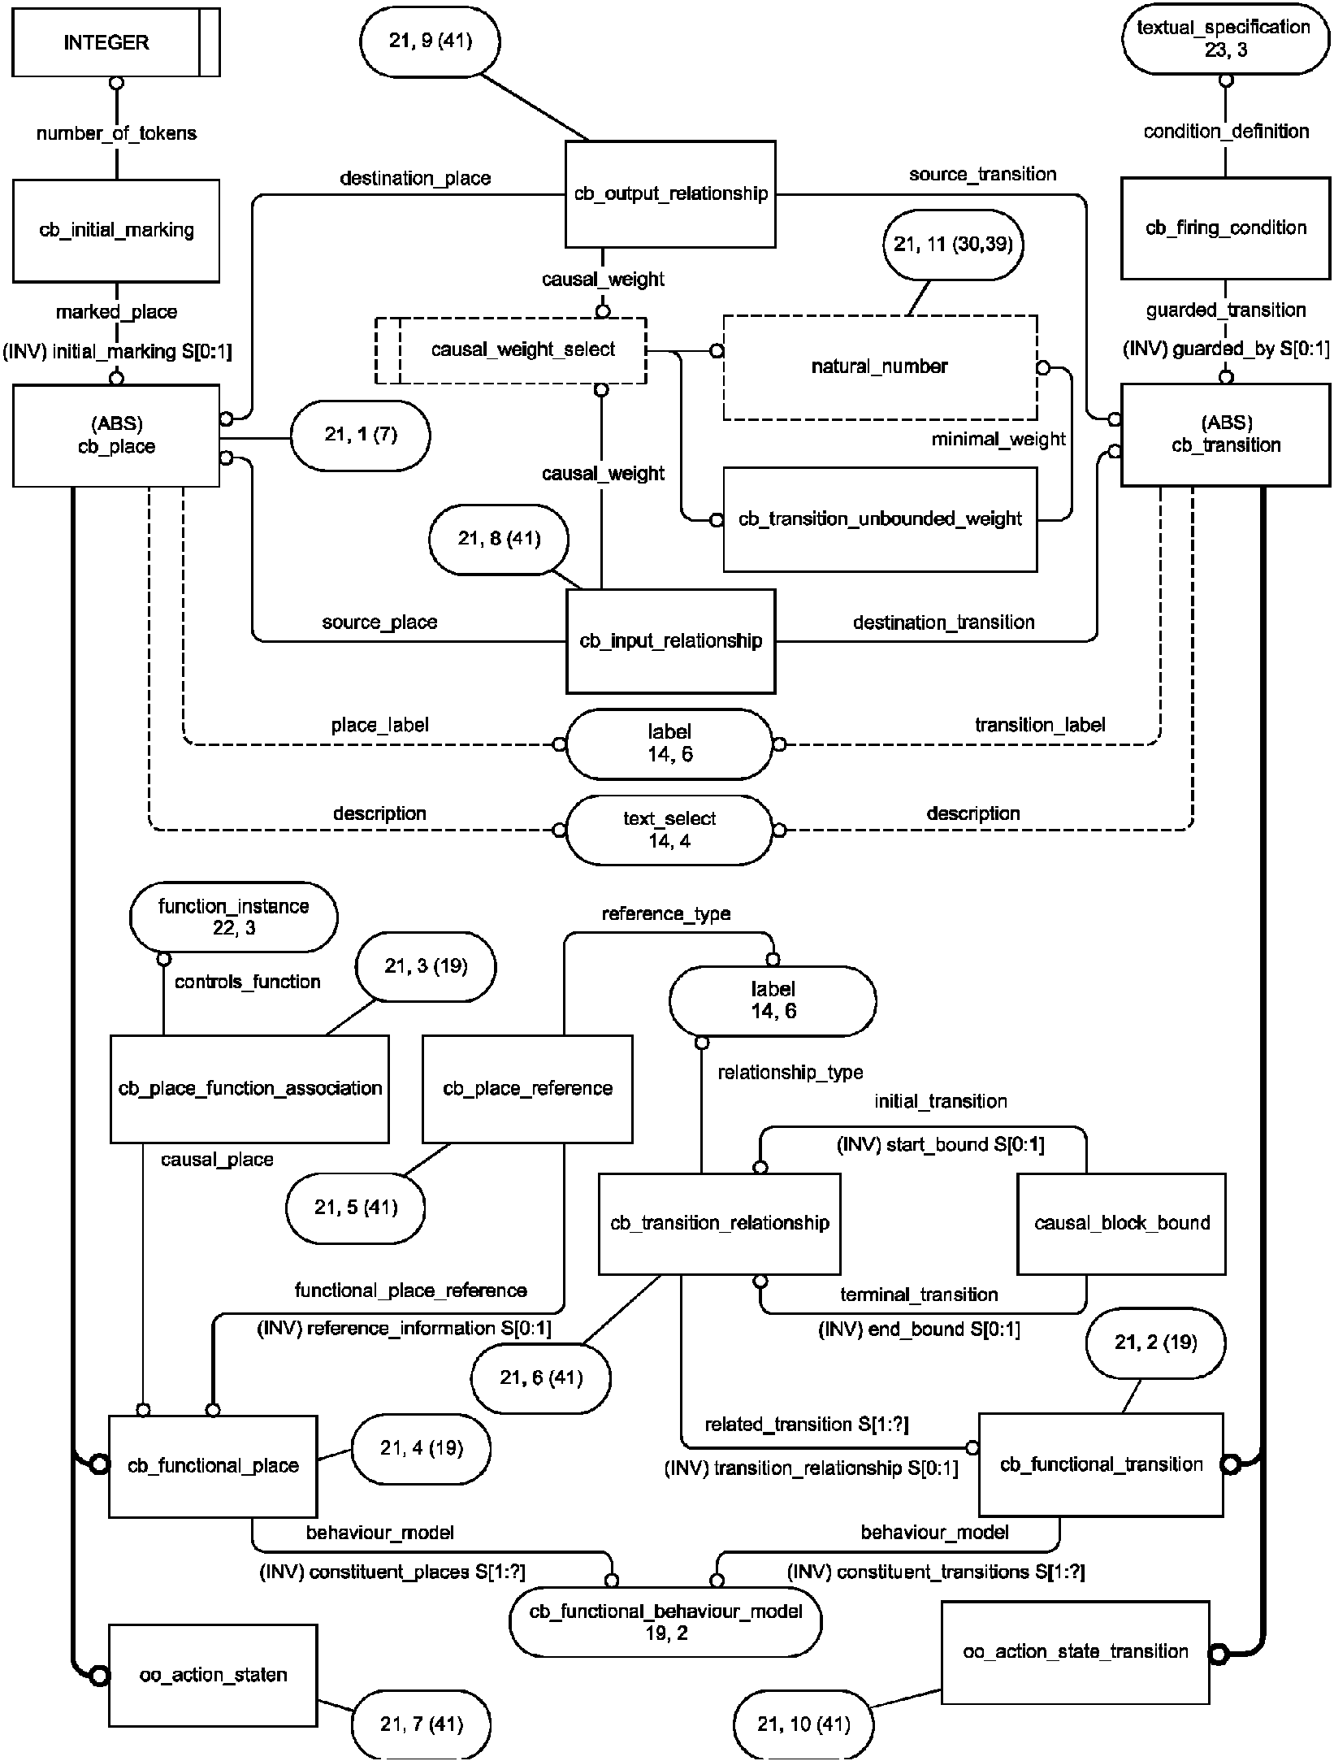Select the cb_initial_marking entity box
coord(116,231)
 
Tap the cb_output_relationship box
coord(670,194)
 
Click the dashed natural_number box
coord(880,367)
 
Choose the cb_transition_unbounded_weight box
coord(880,519)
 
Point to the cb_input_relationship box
coord(670,641)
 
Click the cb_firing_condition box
coord(1225,228)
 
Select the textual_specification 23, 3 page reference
coord(1225,39)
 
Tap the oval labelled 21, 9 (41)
coord(430,41)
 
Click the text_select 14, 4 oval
coord(669,830)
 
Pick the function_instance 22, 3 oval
coord(233,917)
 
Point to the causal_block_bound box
coord(1121,1223)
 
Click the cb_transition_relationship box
coord(719,1223)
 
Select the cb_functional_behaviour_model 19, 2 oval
coord(665,1622)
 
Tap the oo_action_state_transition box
coord(1075,1652)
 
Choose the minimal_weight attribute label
coord(998,440)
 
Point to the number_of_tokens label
coord(116,133)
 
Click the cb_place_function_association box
coord(249,1089)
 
